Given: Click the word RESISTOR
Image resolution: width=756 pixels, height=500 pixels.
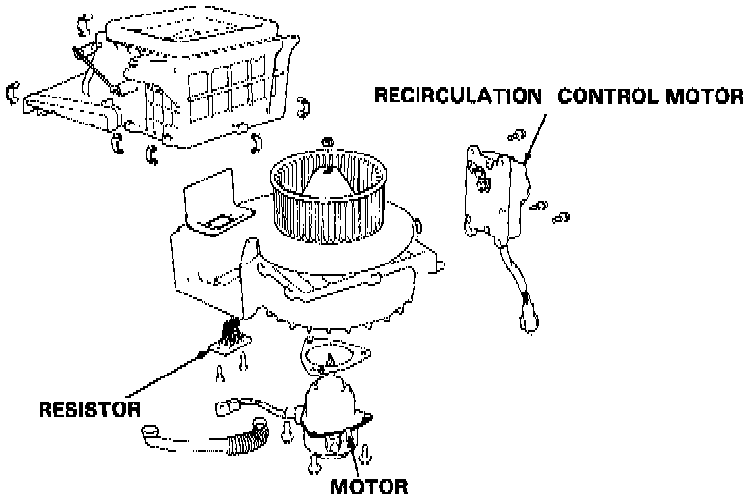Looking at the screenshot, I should click(89, 408).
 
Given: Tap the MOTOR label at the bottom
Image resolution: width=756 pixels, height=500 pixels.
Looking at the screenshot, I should click(368, 485).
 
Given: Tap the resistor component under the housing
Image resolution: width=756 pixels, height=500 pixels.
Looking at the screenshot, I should click(229, 341).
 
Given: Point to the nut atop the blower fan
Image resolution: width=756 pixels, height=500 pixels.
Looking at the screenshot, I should click(328, 145).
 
